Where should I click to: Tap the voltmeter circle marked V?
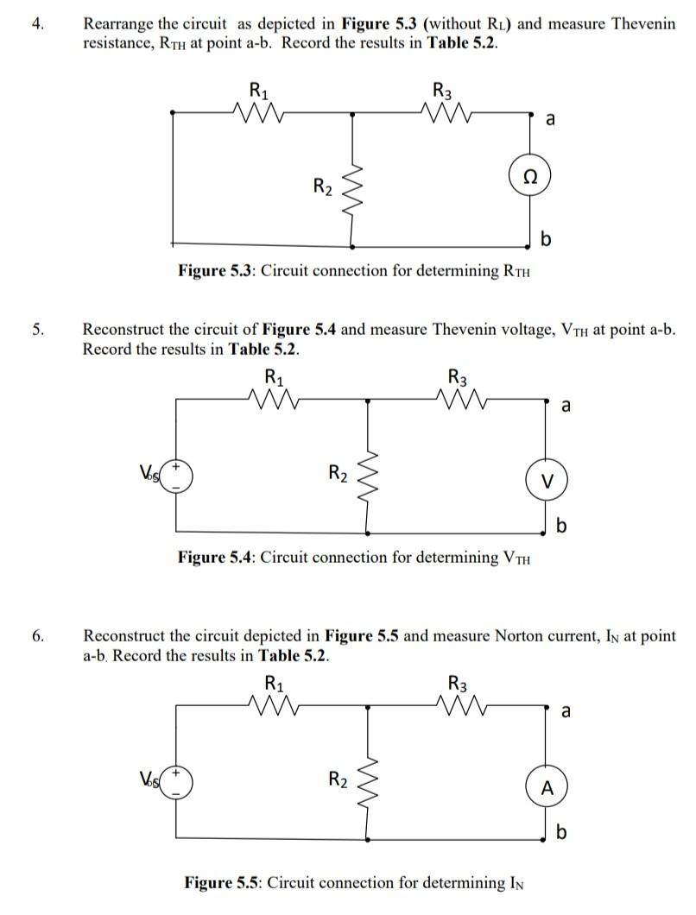(545, 480)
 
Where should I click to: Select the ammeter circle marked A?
(545, 786)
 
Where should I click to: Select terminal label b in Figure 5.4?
(562, 526)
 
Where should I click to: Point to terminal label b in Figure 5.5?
(562, 832)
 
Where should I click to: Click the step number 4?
(36, 23)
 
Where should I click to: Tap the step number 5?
(36, 329)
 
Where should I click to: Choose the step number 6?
(36, 636)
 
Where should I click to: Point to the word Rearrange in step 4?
(118, 23)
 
